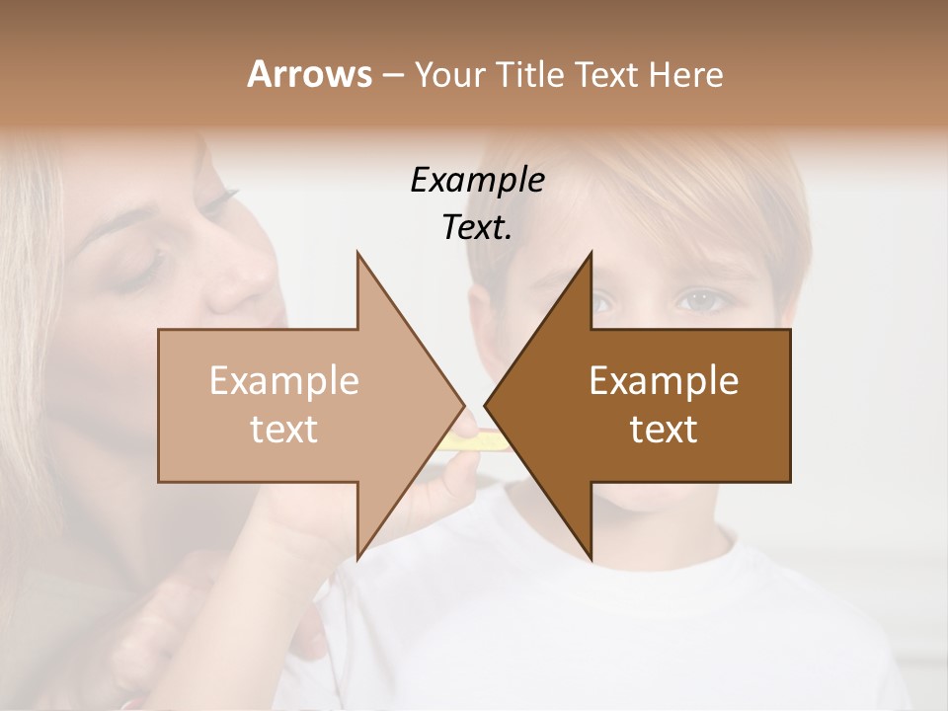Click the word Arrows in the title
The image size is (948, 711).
point(309,74)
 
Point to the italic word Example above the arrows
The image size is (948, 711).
point(477,181)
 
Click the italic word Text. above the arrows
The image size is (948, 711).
point(477,228)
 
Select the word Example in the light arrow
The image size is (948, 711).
point(284,380)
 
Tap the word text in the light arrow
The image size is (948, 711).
point(284,430)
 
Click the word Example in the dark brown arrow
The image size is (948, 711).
point(664,380)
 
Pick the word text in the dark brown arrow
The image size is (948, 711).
point(664,430)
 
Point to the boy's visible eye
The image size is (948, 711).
point(698,299)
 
